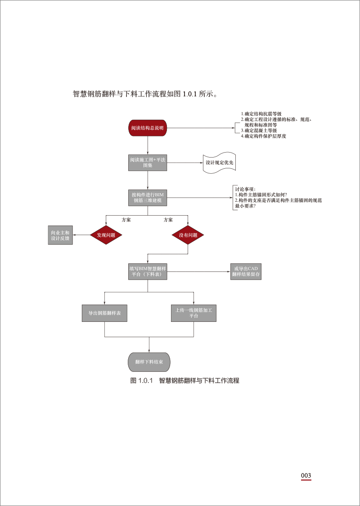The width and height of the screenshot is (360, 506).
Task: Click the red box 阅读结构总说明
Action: point(148,128)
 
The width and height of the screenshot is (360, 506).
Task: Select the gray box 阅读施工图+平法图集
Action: point(148,163)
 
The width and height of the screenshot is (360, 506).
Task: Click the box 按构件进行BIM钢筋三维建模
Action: point(148,197)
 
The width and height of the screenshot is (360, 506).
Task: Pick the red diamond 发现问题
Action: point(106,235)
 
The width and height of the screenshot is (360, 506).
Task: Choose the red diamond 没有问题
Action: point(188,235)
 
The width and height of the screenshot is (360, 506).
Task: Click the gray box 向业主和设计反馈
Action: point(60,235)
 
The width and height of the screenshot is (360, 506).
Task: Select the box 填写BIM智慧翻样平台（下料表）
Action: point(148,271)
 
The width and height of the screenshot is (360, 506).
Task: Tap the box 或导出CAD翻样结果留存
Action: point(246,271)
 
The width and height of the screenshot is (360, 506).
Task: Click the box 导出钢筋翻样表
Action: point(104,313)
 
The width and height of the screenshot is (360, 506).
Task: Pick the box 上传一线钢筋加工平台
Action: point(193,313)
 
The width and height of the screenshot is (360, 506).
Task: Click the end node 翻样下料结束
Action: point(149,361)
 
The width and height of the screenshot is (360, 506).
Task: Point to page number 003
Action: point(306,476)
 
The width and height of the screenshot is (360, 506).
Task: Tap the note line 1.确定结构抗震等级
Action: point(261,114)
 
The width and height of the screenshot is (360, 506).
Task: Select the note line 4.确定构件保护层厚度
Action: point(263,136)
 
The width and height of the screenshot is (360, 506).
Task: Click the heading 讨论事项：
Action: point(245,189)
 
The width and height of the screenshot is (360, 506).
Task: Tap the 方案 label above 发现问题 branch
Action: point(126,220)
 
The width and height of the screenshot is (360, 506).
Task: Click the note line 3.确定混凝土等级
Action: point(259,131)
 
